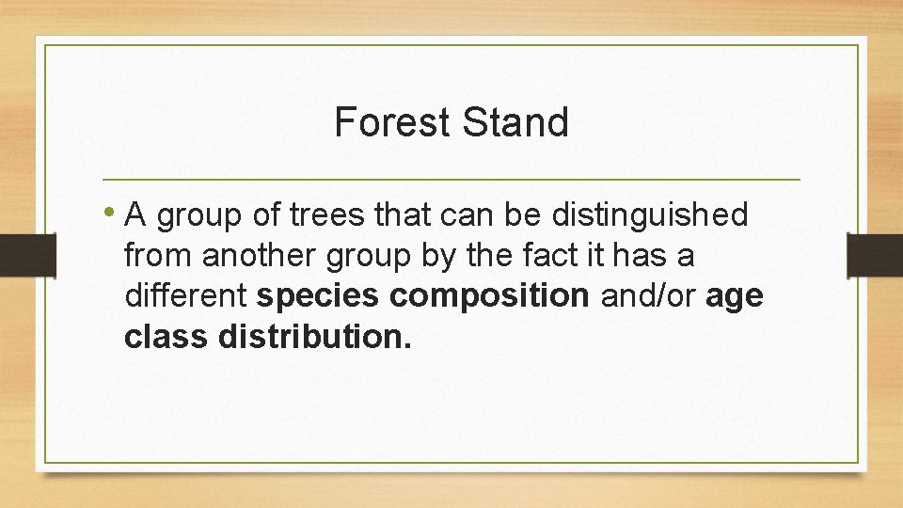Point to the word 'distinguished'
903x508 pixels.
[x=649, y=215]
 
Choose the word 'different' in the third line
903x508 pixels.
[x=186, y=296]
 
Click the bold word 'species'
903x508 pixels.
[x=318, y=296]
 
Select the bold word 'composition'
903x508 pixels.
[x=489, y=296]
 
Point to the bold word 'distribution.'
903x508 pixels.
[x=315, y=337]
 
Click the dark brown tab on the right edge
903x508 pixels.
[x=875, y=254]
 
